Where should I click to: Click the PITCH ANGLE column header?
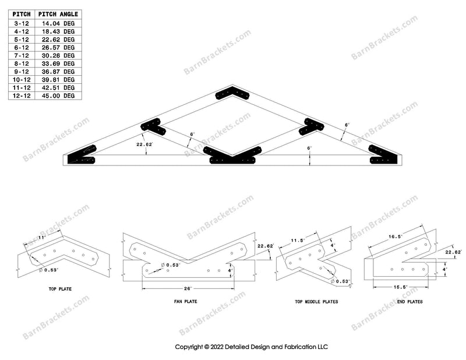tap(58, 14)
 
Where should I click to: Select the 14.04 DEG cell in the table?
tap(58, 23)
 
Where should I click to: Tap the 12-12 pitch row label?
tap(22, 96)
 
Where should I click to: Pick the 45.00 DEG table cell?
tap(58, 96)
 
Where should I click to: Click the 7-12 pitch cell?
tap(22, 55)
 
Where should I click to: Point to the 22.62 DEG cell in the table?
tap(58, 40)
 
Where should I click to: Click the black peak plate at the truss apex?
tap(232, 93)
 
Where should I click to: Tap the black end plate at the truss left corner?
tap(81, 155)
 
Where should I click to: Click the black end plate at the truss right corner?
tap(383, 155)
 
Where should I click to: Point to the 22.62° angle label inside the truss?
tap(144, 144)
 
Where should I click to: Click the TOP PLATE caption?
tap(60, 289)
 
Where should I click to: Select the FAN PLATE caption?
tap(185, 301)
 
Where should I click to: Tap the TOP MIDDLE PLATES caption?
tap(316, 301)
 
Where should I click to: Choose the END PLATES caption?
tap(410, 301)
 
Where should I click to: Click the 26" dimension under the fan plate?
tap(188, 288)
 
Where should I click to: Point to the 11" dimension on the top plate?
tap(42, 238)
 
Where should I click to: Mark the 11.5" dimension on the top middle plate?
tap(298, 241)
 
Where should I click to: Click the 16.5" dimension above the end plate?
tap(396, 237)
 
